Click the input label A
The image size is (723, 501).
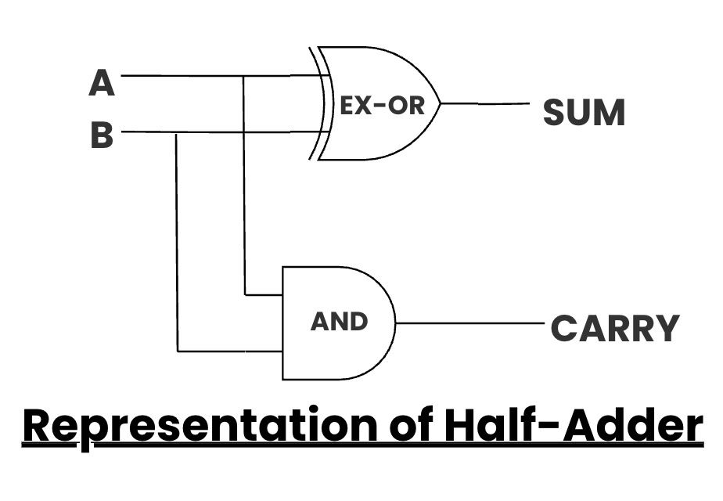tap(102, 82)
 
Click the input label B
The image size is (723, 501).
tap(102, 135)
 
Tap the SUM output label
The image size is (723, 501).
tap(584, 114)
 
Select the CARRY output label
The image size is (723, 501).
tap(615, 329)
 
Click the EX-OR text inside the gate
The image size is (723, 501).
tap(382, 106)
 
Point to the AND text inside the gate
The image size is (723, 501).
tap(339, 322)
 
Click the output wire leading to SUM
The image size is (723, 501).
tap(485, 103)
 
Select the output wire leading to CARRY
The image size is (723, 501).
tap(469, 323)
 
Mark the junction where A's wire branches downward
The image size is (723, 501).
tap(244, 77)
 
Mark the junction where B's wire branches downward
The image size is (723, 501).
tap(178, 132)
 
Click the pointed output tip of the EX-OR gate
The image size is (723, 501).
tap(440, 103)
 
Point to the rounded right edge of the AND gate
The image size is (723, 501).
tap(394, 323)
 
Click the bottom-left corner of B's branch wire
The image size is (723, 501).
tap(178, 351)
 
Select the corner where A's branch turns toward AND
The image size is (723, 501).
tap(245, 295)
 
